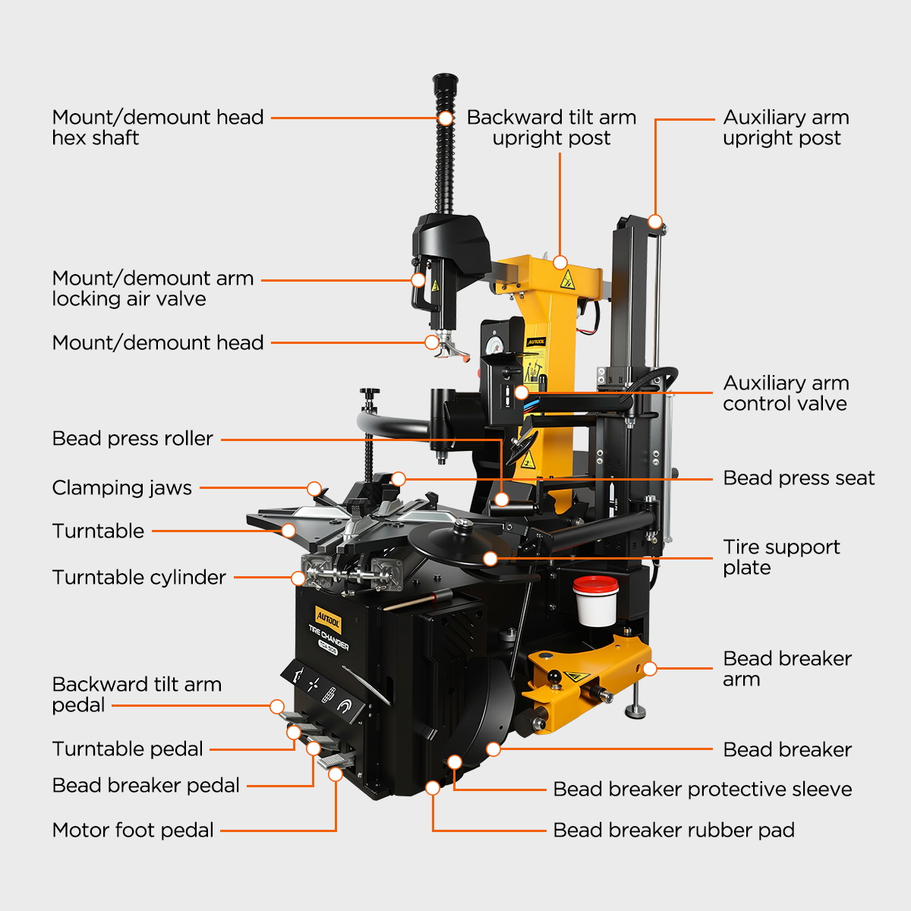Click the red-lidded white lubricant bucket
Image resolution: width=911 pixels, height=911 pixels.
point(596,601)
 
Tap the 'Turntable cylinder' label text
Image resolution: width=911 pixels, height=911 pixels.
point(139,577)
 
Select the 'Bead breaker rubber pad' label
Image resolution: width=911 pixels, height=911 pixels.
point(673,831)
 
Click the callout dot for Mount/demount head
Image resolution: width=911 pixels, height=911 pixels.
point(432,342)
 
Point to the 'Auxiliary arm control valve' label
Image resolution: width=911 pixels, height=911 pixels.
point(786,393)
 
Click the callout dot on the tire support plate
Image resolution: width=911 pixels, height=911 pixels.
point(490,559)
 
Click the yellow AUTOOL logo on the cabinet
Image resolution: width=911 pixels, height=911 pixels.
point(328,619)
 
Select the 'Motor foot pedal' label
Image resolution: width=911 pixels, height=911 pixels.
point(133,831)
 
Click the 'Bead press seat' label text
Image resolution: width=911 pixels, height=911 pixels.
point(799,478)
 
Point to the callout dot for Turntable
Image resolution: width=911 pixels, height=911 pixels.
point(288,531)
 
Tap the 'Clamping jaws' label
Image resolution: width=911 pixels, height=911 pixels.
point(122,488)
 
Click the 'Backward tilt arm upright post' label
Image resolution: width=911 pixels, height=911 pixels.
point(551,128)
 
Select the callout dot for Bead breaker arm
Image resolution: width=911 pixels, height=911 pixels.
point(650,669)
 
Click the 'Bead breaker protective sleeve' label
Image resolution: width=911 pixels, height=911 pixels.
point(702,789)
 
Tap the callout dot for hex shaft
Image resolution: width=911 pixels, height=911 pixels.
point(446,118)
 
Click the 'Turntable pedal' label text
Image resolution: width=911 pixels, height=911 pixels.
point(128,749)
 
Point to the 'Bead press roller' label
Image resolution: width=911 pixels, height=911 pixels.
point(133,439)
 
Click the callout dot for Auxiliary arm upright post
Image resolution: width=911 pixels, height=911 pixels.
point(655,221)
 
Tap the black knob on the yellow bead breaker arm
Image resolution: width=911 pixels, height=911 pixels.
point(553,677)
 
